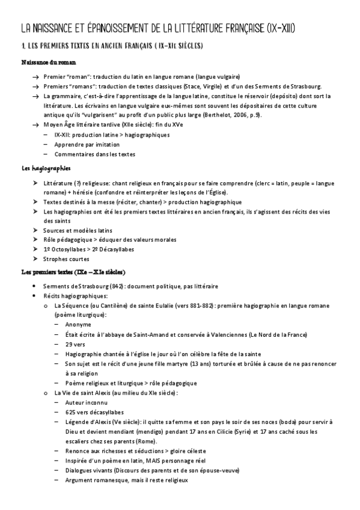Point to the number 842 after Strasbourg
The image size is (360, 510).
click(x=117, y=286)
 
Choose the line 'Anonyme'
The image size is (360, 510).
click(x=78, y=325)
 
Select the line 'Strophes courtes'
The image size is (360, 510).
click(x=66, y=259)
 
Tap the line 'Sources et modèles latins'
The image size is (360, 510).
click(x=78, y=230)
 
